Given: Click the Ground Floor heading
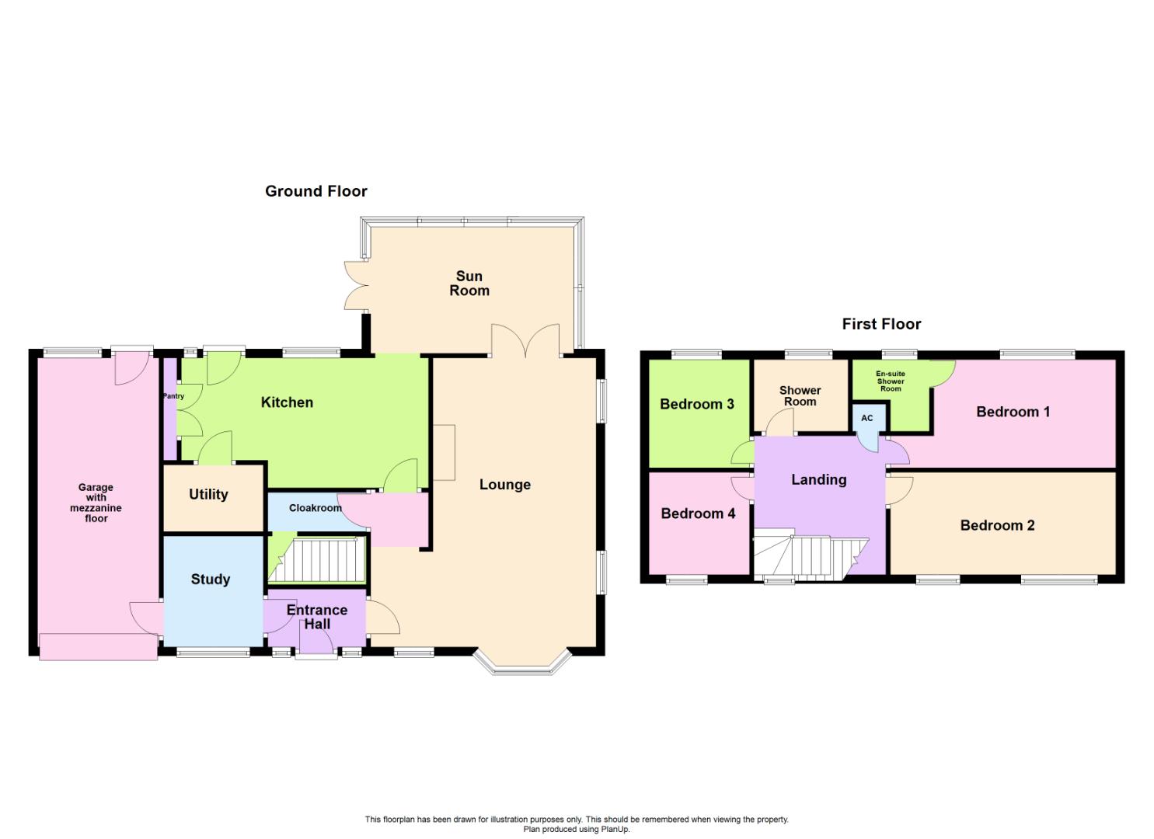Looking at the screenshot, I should (316, 191).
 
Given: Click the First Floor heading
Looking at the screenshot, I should (881, 324).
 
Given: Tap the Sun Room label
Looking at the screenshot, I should (469, 284).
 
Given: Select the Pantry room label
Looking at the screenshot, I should (173, 396).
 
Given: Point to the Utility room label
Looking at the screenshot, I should (208, 494).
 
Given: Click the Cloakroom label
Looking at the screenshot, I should (315, 508).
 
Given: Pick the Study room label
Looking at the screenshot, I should (211, 580).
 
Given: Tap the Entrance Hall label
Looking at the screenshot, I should (317, 617).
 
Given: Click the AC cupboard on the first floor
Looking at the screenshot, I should (867, 418).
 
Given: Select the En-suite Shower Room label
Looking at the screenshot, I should (891, 381).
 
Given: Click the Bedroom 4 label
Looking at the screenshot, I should (698, 513).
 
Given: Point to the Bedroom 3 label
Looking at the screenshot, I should (696, 404).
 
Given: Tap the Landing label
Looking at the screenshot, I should (818, 479).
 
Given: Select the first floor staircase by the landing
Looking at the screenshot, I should (808, 556).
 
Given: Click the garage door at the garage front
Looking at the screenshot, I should (98, 647).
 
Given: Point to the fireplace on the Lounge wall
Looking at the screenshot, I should (444, 452).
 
